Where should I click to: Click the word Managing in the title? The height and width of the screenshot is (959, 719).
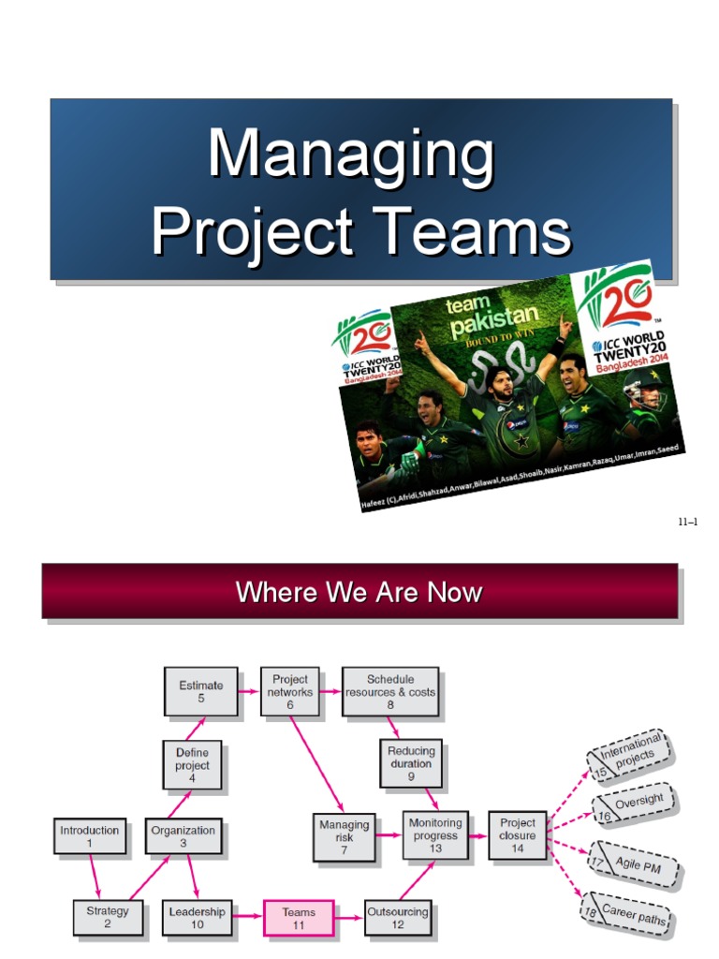pyautogui.click(x=351, y=155)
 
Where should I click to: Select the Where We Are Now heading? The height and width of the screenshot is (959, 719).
pyautogui.click(x=359, y=592)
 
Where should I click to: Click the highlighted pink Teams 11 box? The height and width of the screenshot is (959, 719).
pyautogui.click(x=299, y=918)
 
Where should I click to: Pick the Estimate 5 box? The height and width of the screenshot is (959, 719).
pyautogui.click(x=201, y=691)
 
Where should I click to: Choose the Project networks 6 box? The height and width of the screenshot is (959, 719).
pyautogui.click(x=290, y=691)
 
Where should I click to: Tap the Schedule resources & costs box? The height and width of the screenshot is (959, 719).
pyautogui.click(x=390, y=691)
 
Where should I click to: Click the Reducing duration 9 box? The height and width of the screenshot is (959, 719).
pyautogui.click(x=411, y=763)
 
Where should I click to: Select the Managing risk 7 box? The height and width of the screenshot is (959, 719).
pyautogui.click(x=344, y=836)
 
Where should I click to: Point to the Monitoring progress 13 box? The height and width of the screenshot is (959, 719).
pyautogui.click(x=435, y=835)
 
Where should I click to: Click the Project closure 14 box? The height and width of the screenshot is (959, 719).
pyautogui.click(x=518, y=835)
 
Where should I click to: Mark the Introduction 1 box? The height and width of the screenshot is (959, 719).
pyautogui.click(x=90, y=835)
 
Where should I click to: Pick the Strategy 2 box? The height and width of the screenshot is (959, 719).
pyautogui.click(x=108, y=918)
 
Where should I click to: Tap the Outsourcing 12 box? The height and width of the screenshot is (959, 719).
pyautogui.click(x=397, y=918)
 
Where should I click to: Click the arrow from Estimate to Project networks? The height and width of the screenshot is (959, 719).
pyautogui.click(x=249, y=691)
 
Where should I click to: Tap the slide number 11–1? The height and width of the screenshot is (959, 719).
pyautogui.click(x=687, y=522)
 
